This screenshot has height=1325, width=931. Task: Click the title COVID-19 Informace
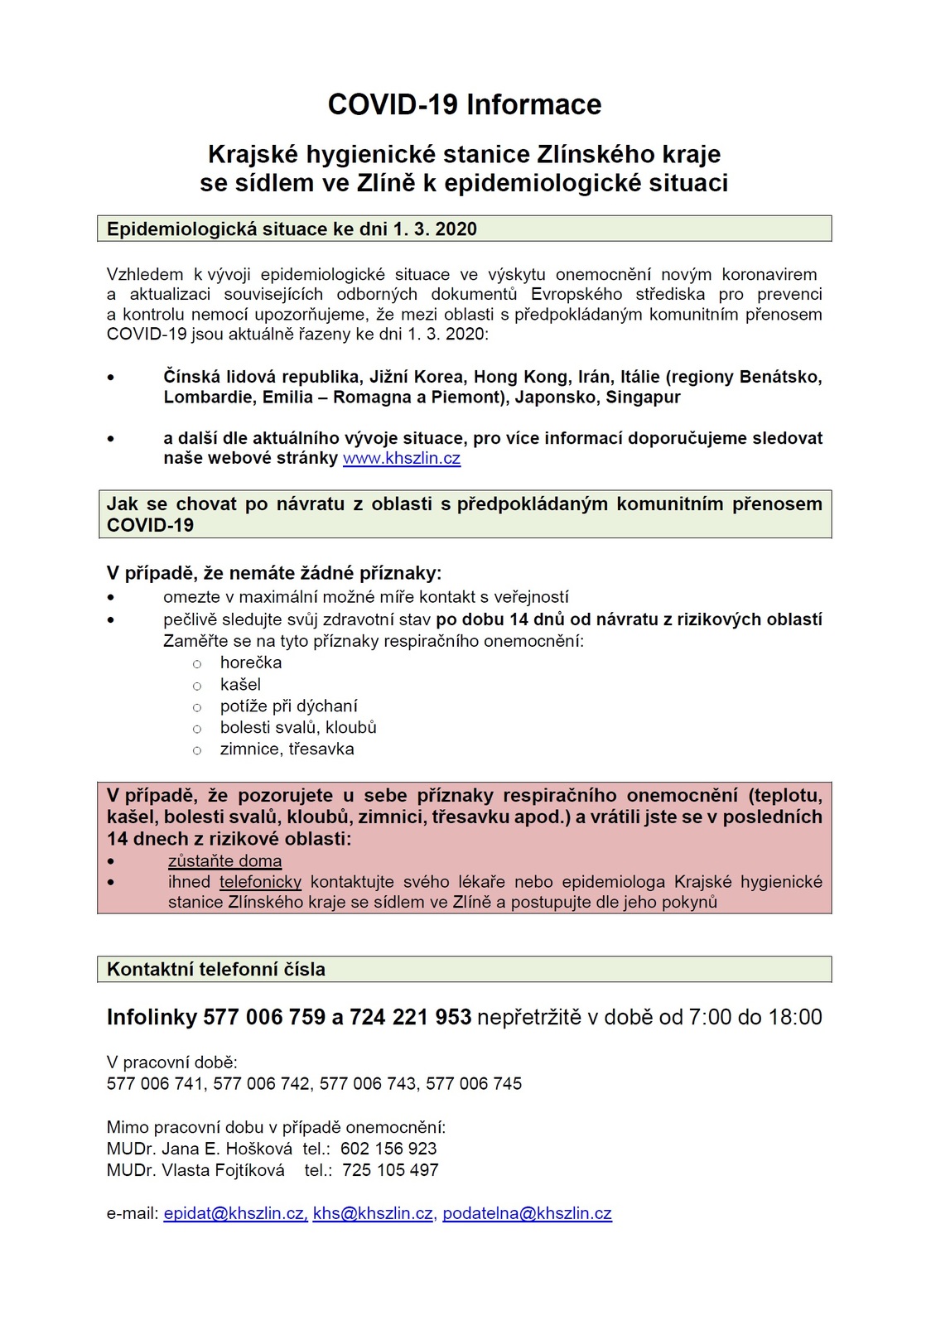465,105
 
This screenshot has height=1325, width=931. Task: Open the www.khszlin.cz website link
402,459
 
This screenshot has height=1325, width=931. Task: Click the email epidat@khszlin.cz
235,1213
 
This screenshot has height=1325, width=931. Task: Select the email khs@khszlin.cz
373,1213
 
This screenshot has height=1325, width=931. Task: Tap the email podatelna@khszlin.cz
527,1213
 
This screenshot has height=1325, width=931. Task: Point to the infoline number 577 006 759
264,1018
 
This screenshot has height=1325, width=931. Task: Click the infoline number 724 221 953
411,1018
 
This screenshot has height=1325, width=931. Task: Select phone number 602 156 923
388,1149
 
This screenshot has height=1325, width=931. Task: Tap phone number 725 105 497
390,1170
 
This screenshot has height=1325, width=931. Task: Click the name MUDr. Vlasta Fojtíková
195,1170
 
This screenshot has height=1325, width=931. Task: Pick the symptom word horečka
251,662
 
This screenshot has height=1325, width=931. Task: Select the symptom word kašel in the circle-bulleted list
240,685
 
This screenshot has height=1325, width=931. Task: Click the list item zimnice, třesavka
287,749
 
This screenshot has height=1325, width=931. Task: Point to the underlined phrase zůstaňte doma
224,861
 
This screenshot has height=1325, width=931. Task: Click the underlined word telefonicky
260,882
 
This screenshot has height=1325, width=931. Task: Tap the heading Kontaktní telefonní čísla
216,970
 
